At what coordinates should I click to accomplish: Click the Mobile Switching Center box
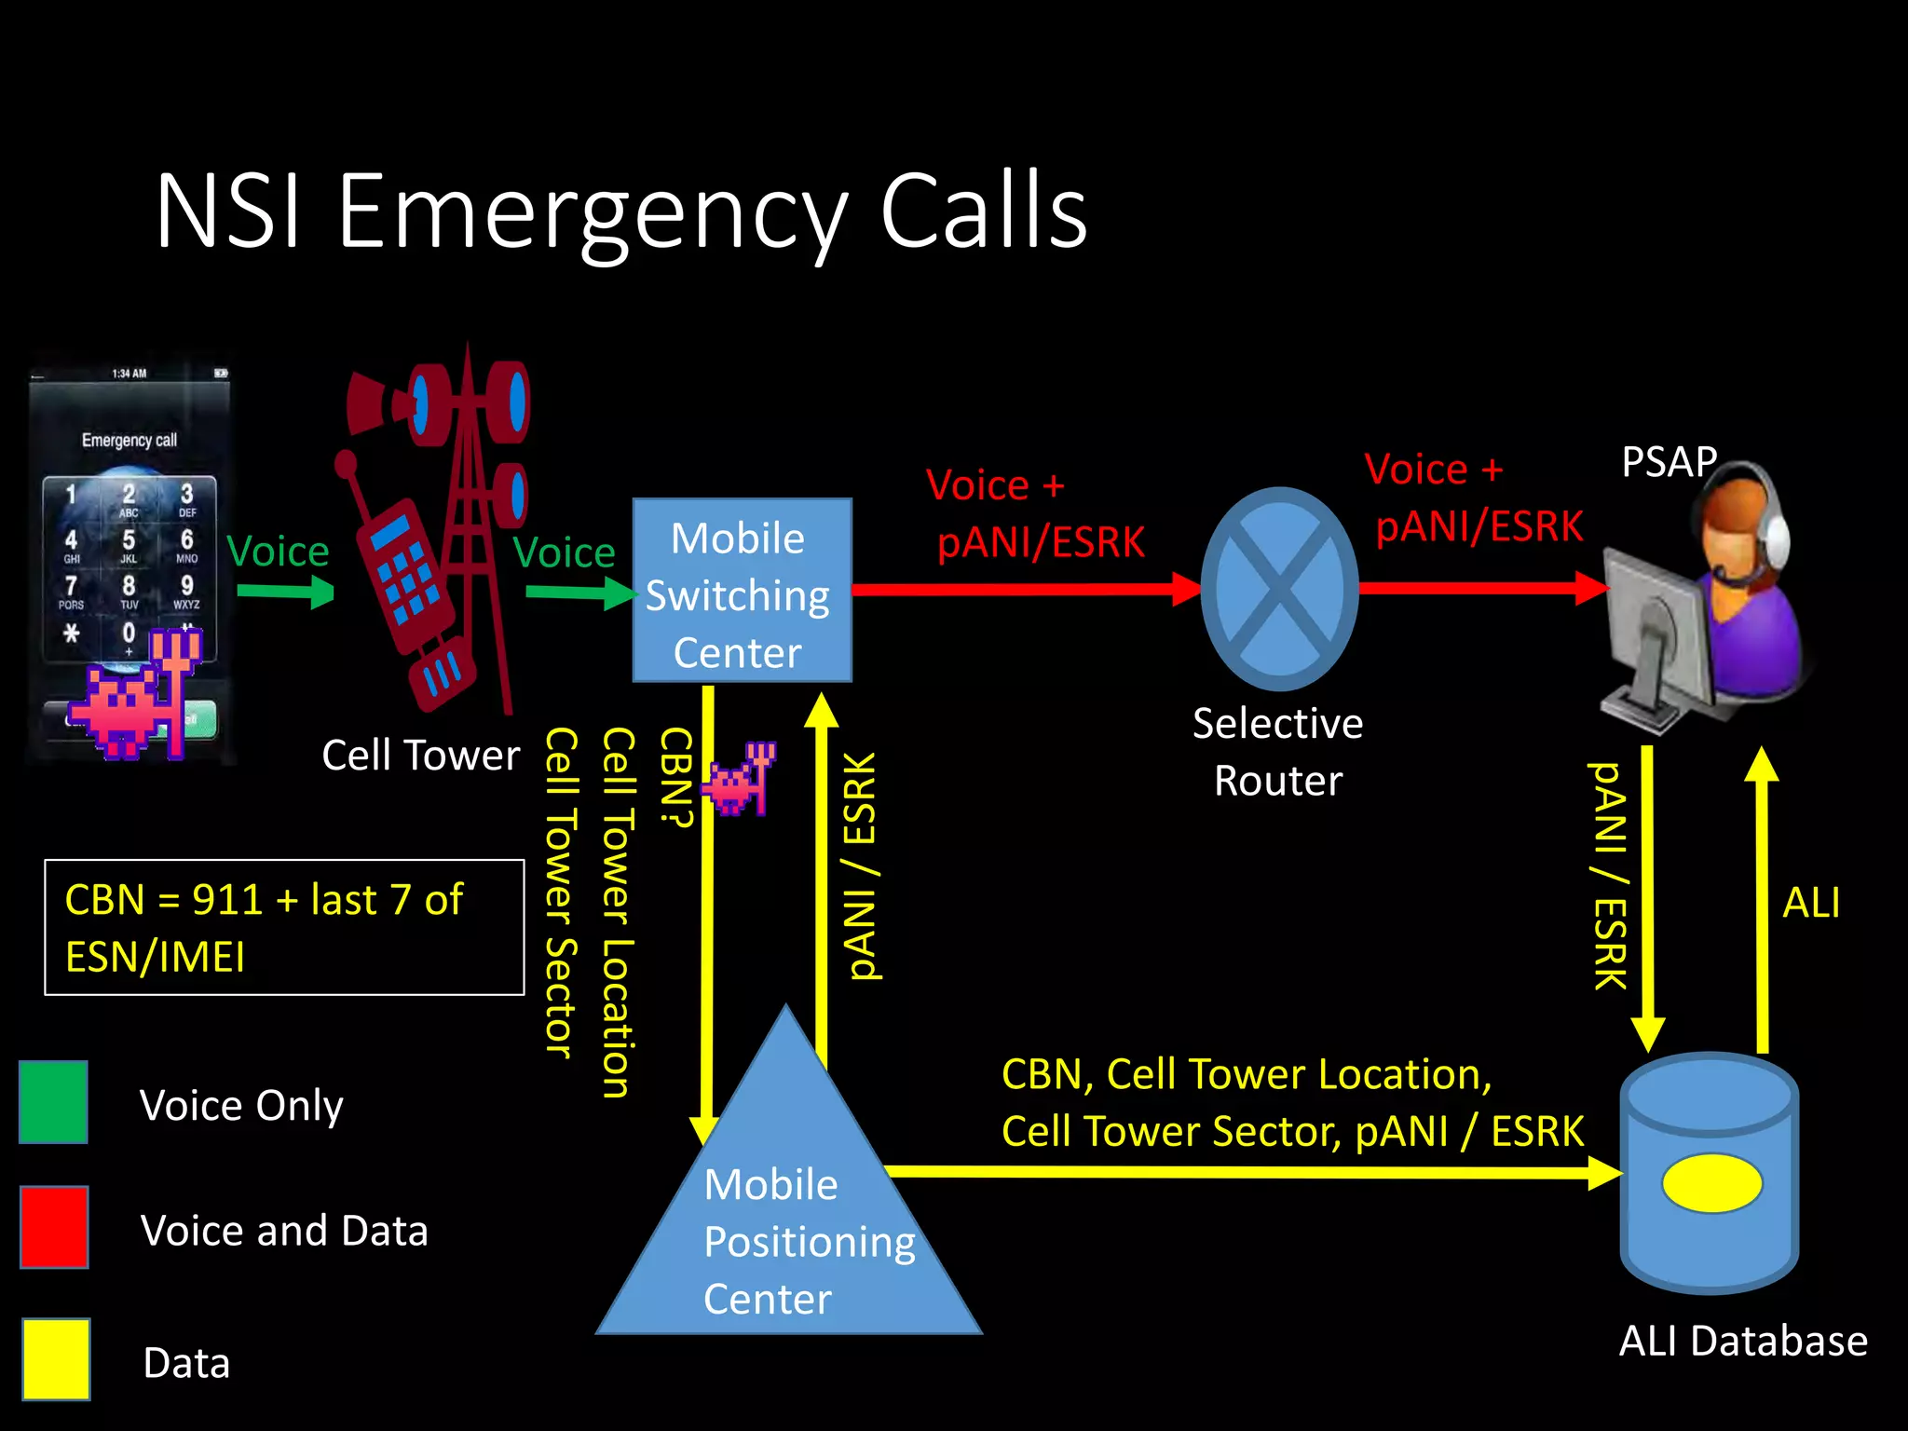click(x=742, y=591)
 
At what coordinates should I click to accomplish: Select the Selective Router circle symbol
click(x=1279, y=589)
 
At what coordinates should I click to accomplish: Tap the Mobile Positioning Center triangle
click(x=788, y=1211)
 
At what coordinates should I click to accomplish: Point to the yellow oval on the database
click(x=1712, y=1183)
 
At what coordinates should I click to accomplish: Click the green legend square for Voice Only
click(x=54, y=1102)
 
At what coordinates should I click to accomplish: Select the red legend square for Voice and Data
click(x=54, y=1227)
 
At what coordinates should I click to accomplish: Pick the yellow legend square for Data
click(x=56, y=1358)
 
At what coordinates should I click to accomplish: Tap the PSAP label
click(x=1669, y=462)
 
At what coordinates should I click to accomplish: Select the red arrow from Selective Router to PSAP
click(x=1481, y=588)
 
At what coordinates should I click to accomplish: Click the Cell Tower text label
click(x=420, y=756)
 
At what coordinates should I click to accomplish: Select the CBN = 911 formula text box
click(x=284, y=928)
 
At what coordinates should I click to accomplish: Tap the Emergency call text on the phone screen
click(x=129, y=440)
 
